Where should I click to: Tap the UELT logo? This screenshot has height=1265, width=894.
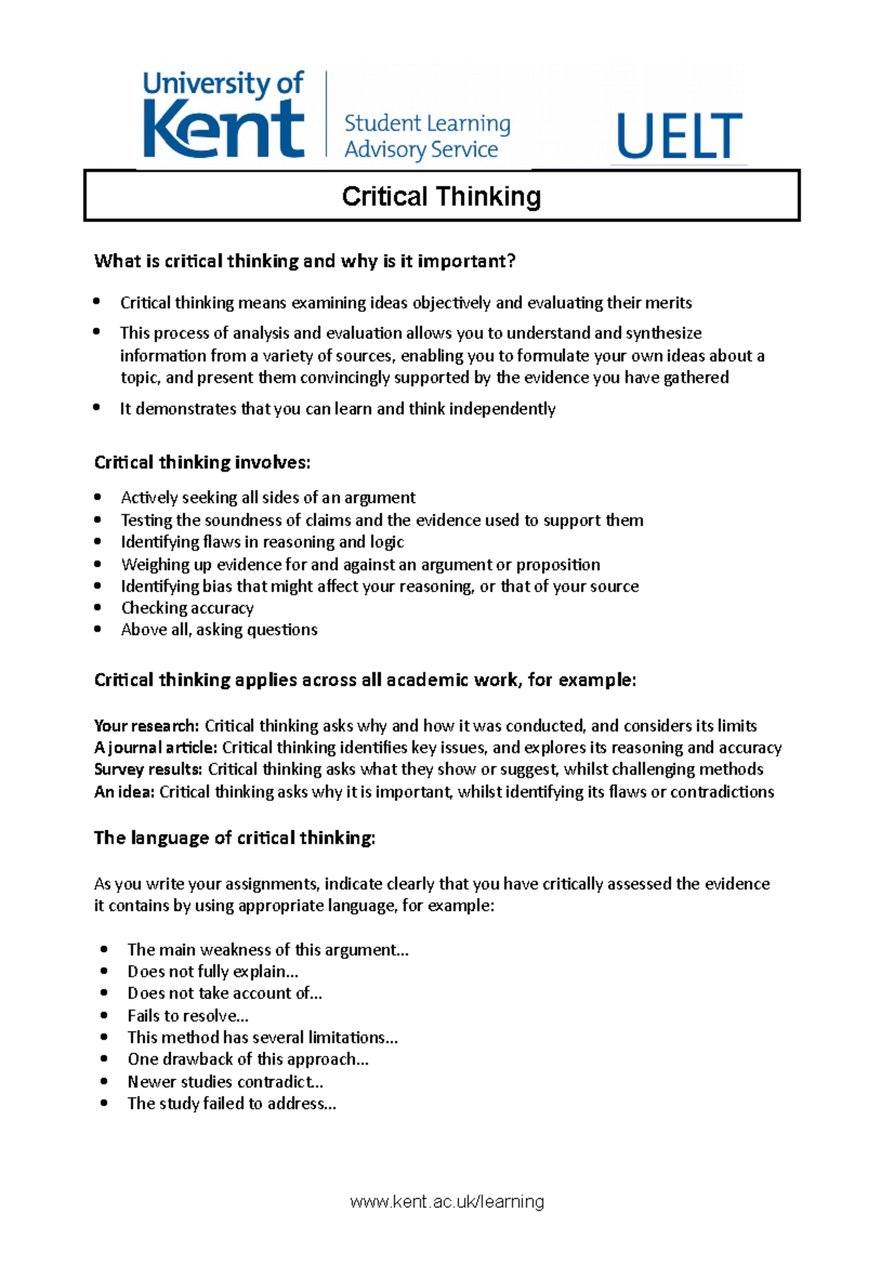pos(679,136)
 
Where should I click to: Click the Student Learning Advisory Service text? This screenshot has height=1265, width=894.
pos(427,136)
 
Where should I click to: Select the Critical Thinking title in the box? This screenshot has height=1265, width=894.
pos(441,197)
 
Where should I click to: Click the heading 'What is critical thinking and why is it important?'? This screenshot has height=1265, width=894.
pos(305,261)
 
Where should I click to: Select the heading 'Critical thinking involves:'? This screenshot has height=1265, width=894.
pos(202,463)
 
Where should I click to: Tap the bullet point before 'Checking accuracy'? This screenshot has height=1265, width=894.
pos(98,607)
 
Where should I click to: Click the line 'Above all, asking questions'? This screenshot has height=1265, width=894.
pos(219,630)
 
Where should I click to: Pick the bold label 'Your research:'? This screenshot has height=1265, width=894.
pos(146,726)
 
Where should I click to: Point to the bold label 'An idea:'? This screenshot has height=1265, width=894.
pos(124,791)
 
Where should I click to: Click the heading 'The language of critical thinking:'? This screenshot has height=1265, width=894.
pos(235,838)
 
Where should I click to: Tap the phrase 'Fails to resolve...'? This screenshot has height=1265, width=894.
pos(188,1015)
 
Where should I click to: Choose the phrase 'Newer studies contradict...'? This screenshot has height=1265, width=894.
pos(225,1082)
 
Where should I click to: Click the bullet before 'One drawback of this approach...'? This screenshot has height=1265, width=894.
pos(104,1059)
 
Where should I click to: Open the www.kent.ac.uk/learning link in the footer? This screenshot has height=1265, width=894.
pos(447,1202)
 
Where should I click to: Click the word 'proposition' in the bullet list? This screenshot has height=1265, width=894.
pos(558,565)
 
